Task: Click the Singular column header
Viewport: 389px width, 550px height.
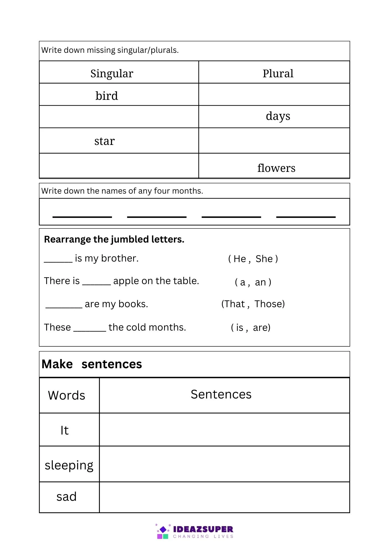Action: pyautogui.click(x=112, y=74)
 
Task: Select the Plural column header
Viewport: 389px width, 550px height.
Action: pyautogui.click(x=278, y=74)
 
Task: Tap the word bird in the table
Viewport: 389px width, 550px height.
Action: pyautogui.click(x=107, y=96)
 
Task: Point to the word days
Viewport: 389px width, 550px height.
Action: pyautogui.click(x=278, y=116)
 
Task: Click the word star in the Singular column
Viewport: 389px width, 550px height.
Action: pyautogui.click(x=105, y=141)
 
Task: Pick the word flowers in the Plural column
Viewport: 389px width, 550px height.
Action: pyautogui.click(x=276, y=168)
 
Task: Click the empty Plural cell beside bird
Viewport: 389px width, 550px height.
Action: pyautogui.click(x=274, y=95)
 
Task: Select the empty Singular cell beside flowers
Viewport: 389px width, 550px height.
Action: pyautogui.click(x=119, y=166)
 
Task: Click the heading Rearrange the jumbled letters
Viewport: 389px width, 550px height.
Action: pyautogui.click(x=114, y=240)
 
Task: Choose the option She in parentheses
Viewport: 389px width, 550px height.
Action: pyautogui.click(x=264, y=259)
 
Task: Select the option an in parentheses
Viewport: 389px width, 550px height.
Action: pyautogui.click(x=260, y=282)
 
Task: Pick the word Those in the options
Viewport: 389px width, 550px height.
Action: pyautogui.click(x=269, y=304)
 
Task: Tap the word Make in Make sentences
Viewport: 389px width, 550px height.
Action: pyautogui.click(x=57, y=364)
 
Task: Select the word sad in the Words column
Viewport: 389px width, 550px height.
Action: pyautogui.click(x=67, y=497)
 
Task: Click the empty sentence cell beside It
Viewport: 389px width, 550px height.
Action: pyautogui.click(x=224, y=430)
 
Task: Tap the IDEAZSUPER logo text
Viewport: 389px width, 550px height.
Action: pyautogui.click(x=203, y=529)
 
